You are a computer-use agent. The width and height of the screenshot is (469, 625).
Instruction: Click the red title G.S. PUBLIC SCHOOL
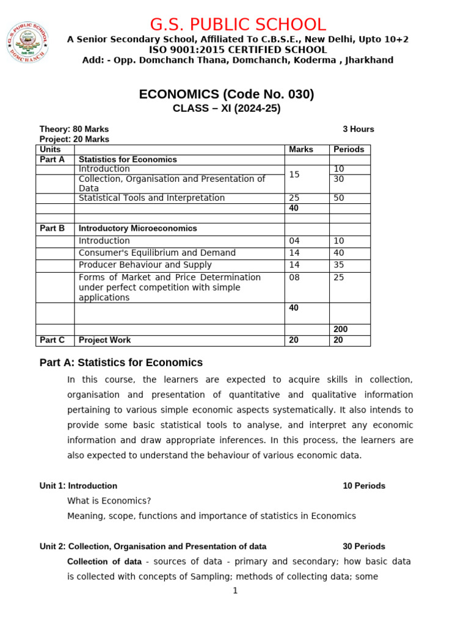(238, 25)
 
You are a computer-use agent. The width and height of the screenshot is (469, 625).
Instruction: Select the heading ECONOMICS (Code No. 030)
(227, 94)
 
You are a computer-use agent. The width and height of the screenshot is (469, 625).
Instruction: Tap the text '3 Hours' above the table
(358, 129)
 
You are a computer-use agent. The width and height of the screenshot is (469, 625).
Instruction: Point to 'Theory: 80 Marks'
(74, 129)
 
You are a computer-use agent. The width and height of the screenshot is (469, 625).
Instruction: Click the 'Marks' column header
(300, 150)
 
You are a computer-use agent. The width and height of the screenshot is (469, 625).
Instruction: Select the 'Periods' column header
(349, 150)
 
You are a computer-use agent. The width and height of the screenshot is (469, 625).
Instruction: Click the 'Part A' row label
(52, 159)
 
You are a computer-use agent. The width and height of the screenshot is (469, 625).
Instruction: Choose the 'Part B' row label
(52, 228)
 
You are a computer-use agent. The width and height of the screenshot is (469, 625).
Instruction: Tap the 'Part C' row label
(52, 340)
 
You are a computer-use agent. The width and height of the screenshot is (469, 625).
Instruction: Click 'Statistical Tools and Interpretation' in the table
(151, 198)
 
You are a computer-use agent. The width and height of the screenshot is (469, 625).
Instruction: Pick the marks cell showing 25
(294, 198)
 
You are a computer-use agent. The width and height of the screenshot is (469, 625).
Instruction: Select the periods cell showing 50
(338, 198)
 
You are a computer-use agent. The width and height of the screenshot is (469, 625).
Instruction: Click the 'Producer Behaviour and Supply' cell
(145, 265)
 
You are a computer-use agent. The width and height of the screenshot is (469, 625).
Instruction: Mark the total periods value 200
(340, 330)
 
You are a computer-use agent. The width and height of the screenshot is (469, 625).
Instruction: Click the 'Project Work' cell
(104, 340)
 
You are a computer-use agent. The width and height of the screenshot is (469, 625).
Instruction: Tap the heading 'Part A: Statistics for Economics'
(121, 363)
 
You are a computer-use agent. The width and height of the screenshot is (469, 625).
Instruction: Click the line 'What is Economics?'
(109, 501)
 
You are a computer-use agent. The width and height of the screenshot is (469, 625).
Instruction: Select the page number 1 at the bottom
(234, 590)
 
